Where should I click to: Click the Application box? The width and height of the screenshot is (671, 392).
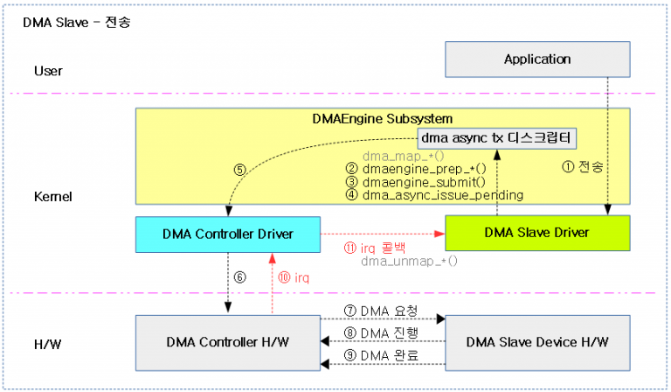(537, 59)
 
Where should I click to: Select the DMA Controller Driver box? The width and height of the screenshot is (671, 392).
(227, 233)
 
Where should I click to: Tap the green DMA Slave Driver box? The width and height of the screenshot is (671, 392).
(537, 233)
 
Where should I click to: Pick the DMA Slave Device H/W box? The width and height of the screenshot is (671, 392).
(537, 340)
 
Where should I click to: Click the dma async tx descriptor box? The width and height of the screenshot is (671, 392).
(498, 139)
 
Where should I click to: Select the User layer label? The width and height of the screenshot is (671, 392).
(49, 70)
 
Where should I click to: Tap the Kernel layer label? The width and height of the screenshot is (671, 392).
(52, 198)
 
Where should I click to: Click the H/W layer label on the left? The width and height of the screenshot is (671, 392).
(49, 341)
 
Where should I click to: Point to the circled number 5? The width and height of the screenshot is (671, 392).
(239, 170)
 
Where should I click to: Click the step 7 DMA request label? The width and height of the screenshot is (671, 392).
(382, 311)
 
